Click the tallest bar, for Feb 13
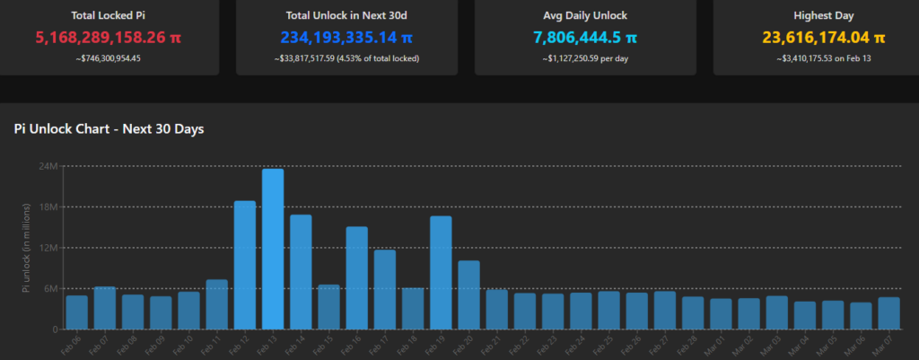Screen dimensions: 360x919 pos(273,249)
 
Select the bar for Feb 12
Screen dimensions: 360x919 pos(245,265)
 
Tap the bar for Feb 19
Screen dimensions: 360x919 pos(441,273)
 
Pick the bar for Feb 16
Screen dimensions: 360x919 pos(356,277)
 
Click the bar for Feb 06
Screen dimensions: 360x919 pos(77,312)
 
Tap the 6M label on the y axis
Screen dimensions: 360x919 pos(50,288)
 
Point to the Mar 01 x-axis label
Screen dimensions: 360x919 pos(719,345)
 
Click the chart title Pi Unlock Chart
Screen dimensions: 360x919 pos(109,129)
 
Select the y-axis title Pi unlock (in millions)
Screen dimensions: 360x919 pos(27,247)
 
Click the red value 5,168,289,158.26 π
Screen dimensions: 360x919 pos(108,38)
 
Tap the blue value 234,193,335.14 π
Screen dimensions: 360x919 pos(346,38)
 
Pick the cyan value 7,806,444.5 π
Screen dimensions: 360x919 pos(585,38)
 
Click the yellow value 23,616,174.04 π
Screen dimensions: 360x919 pos(824,38)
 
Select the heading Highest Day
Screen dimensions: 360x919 pos(824,15)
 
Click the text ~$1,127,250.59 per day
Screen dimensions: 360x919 pos(585,58)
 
